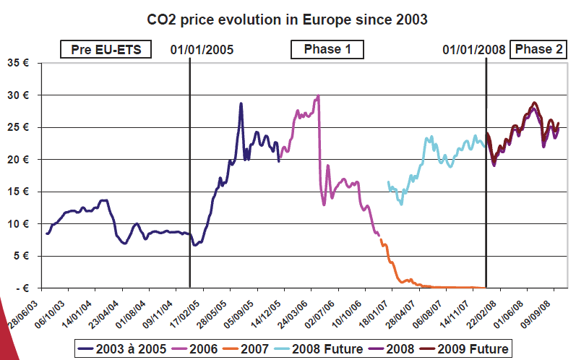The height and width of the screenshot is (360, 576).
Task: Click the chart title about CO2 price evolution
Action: click(x=287, y=19)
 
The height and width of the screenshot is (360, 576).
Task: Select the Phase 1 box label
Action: click(x=327, y=50)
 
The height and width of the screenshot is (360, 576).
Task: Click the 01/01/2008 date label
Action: click(x=474, y=50)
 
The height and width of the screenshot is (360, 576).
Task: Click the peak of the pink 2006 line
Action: click(x=318, y=96)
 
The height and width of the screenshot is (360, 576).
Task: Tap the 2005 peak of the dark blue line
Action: click(x=241, y=103)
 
